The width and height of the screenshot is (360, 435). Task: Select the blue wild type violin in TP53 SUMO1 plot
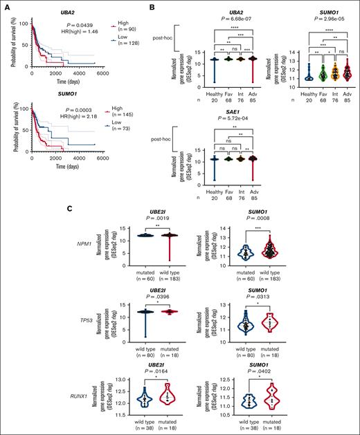(x=248, y=325)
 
